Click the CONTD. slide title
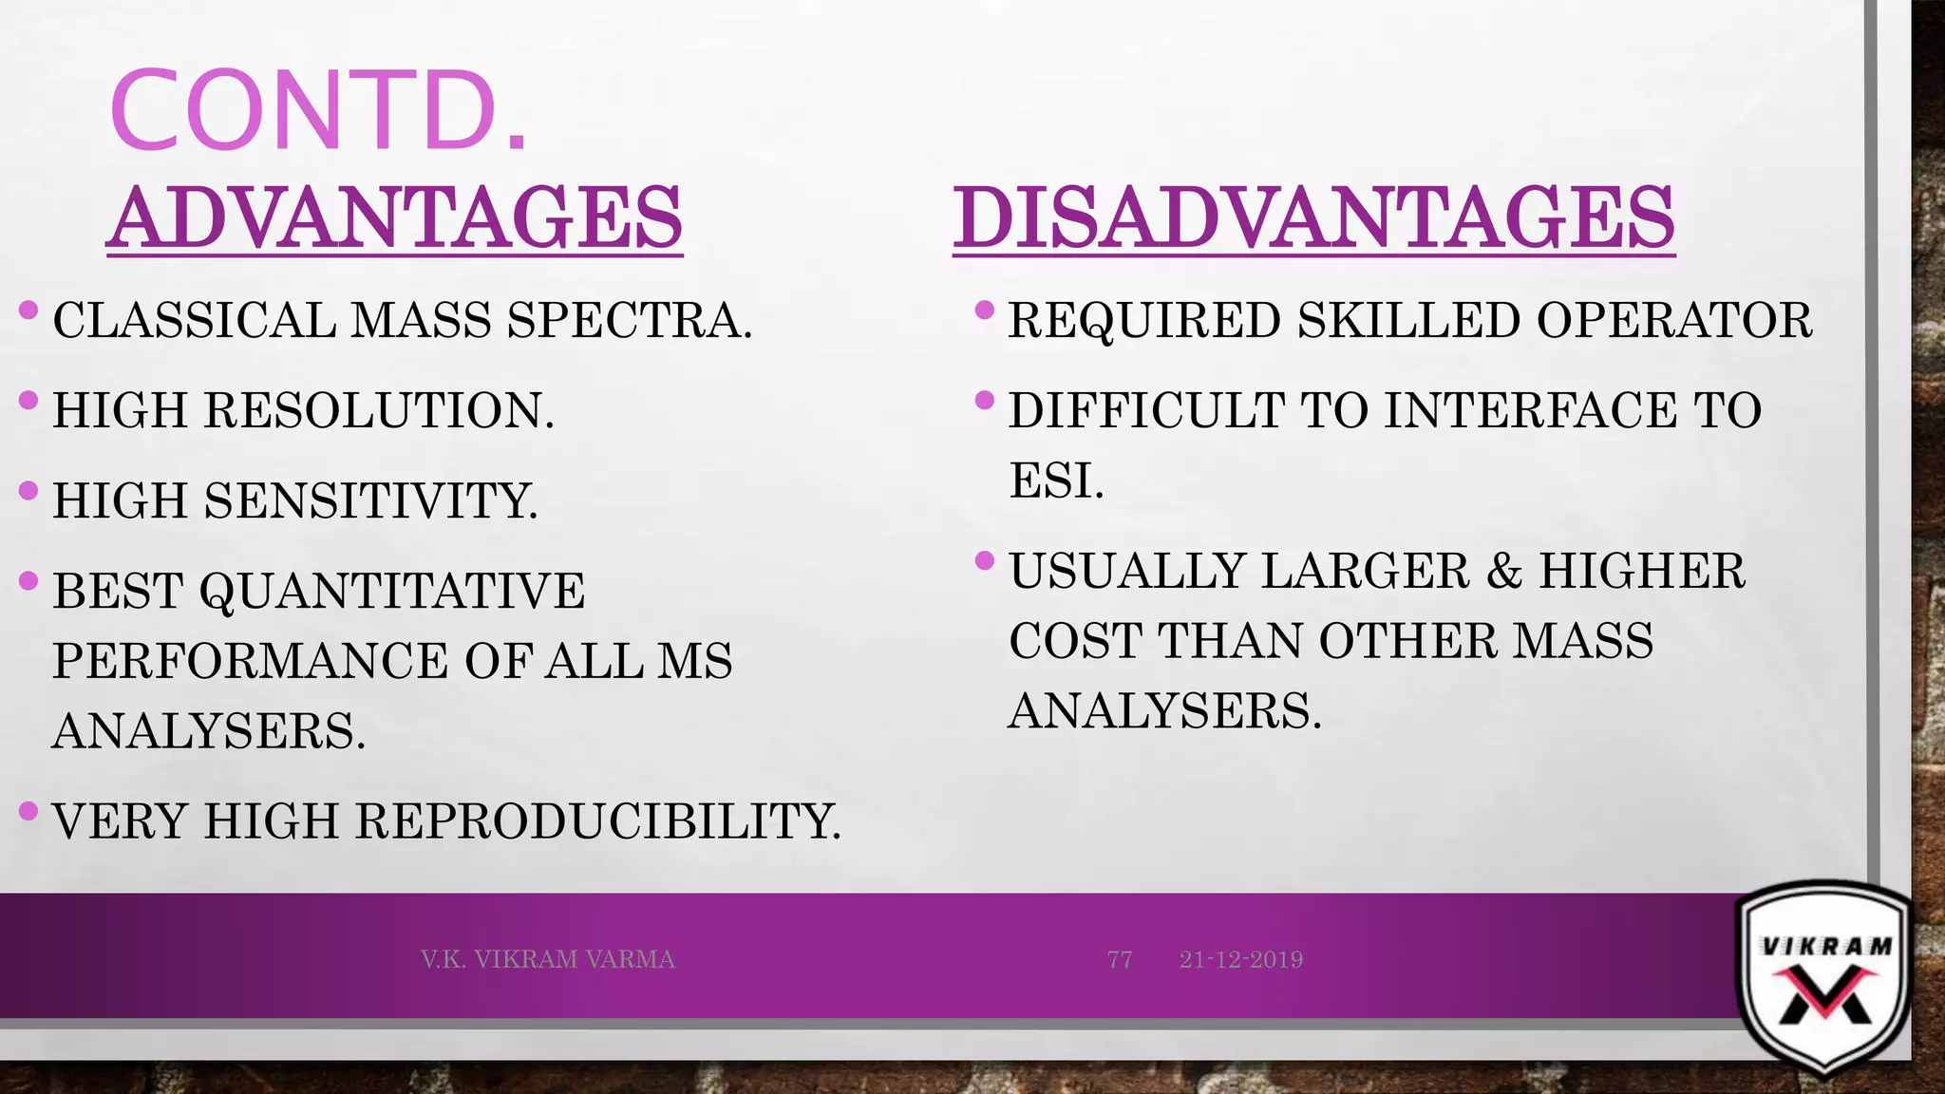coord(318,111)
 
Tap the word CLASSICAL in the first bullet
coord(194,320)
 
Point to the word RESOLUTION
coord(379,410)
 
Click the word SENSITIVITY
coord(370,500)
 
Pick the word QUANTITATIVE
coord(392,591)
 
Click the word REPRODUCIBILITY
coord(598,821)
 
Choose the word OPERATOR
coord(1674,320)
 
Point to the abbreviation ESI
coord(1056,481)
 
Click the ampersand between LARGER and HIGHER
coord(1503,572)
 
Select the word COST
coord(1075,641)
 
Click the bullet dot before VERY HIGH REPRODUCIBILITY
coord(28,811)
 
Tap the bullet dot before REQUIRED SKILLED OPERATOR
coord(985,310)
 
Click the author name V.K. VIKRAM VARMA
coord(548,959)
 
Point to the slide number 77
coord(1120,959)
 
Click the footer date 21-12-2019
coord(1241,959)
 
